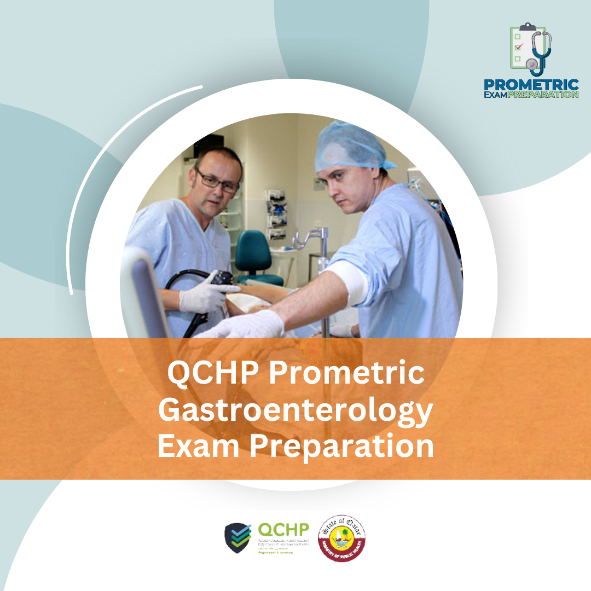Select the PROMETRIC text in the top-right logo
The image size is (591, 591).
pyautogui.click(x=531, y=85)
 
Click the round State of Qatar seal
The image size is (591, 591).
pyautogui.click(x=342, y=538)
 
